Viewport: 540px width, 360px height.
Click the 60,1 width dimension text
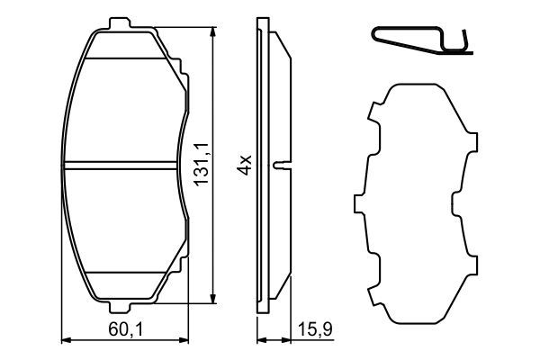pyautogui.click(x=125, y=329)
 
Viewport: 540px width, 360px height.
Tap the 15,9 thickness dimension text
pyautogui.click(x=315, y=329)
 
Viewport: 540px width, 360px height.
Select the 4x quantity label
pyautogui.click(x=246, y=165)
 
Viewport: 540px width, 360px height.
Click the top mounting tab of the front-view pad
pyautogui.click(x=120, y=23)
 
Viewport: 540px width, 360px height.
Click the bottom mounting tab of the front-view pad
pyautogui.click(x=120, y=307)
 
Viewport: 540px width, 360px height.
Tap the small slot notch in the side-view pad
pyautogui.click(x=282, y=166)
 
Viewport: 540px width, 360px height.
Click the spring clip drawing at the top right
pyautogui.click(x=422, y=40)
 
